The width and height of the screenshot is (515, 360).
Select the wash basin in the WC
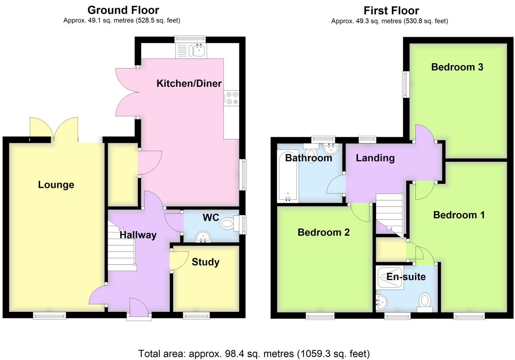pyautogui.click(x=203, y=237)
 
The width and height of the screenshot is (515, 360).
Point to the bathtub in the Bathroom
pyautogui.click(x=288, y=177)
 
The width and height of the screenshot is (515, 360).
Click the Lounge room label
pyautogui.click(x=56, y=185)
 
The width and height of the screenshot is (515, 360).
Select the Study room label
pyautogui.click(x=205, y=262)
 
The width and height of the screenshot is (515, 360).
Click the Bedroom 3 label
pyautogui.click(x=457, y=67)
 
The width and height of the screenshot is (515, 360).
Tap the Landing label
pyautogui.click(x=375, y=158)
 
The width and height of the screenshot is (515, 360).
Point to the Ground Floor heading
pyautogui.click(x=123, y=10)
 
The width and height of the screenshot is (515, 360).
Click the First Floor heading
pyautogui.click(x=391, y=10)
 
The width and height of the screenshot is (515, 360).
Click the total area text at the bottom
pyautogui.click(x=254, y=354)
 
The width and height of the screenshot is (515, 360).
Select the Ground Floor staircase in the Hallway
pyautogui.click(x=121, y=246)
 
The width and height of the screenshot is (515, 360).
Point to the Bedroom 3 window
pyautogui.click(x=406, y=84)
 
